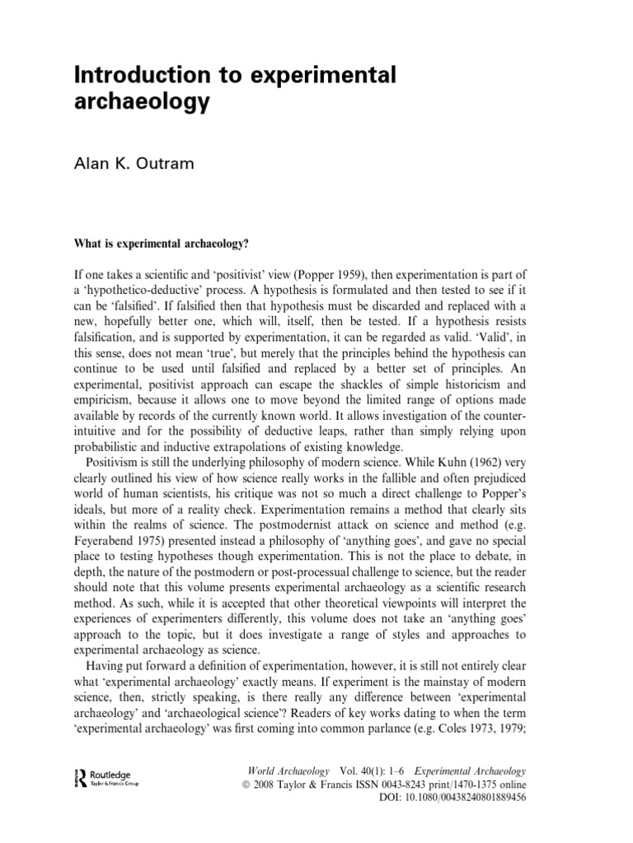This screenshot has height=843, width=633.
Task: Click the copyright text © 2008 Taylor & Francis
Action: click(308, 785)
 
